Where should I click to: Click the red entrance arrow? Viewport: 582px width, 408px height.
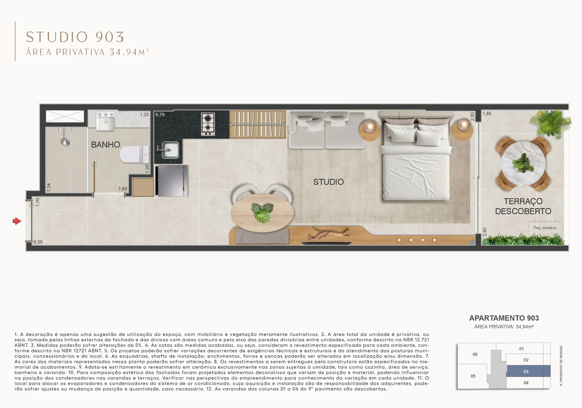17,221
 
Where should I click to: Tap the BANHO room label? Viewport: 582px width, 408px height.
105,145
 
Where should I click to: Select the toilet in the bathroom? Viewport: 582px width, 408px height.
135,154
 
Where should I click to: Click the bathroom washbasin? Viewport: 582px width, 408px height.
106,121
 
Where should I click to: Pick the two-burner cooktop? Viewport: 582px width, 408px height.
208,124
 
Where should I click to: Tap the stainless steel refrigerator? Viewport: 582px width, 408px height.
171,181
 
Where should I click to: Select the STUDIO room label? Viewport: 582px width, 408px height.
329,182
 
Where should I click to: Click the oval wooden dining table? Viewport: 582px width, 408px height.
262,213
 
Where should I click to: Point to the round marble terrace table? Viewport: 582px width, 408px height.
523,163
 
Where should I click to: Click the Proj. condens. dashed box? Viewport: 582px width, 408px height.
545,228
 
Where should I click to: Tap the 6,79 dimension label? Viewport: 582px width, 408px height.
160,115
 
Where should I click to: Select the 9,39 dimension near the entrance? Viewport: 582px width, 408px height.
38,242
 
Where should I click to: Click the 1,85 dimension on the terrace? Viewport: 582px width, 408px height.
487,113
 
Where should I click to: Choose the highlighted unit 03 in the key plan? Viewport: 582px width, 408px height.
529,371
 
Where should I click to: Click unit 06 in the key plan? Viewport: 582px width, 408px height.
475,354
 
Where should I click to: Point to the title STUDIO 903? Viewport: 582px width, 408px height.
75,37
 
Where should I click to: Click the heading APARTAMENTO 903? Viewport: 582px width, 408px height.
504,318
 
